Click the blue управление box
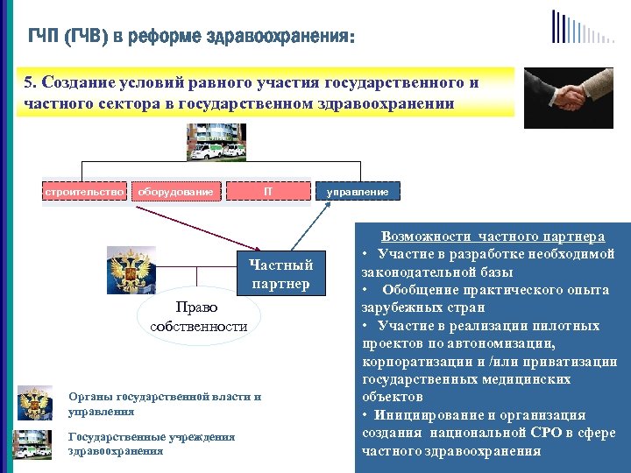(358, 191)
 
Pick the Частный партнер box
(280, 274)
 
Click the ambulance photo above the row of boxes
(216, 142)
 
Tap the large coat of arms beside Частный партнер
(130, 270)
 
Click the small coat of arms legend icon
(35, 403)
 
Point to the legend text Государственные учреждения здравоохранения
(151, 443)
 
